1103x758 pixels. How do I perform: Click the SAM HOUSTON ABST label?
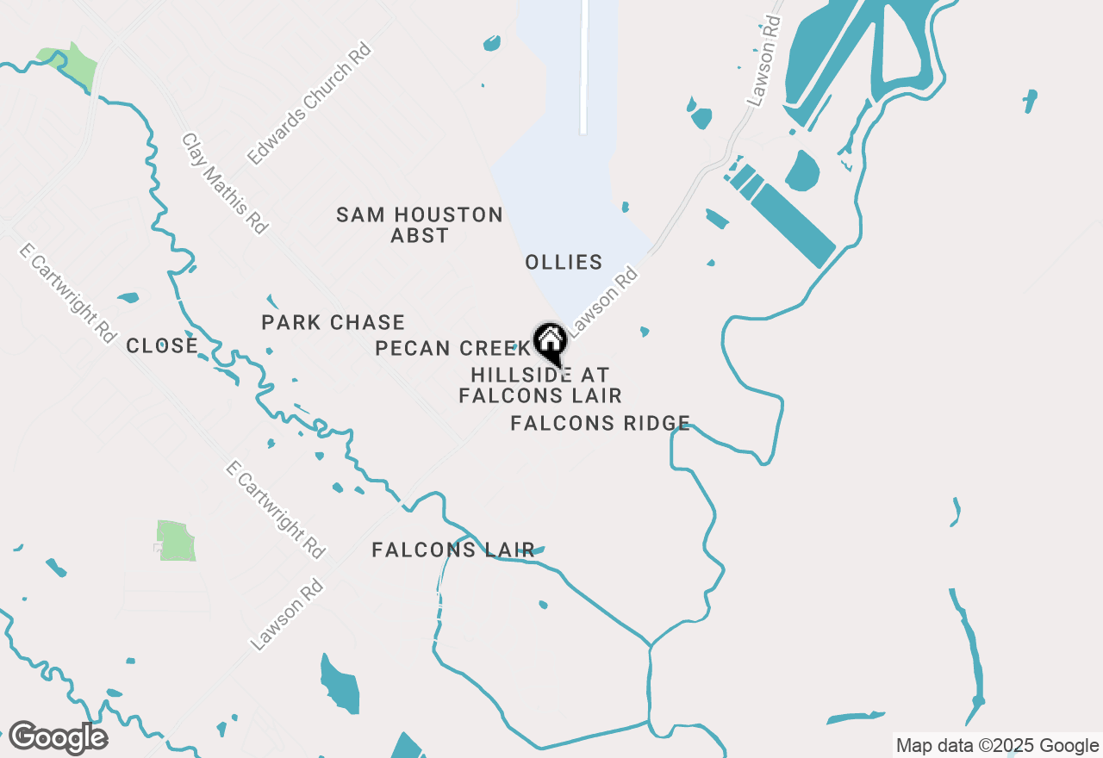420,225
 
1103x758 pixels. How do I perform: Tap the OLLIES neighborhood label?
564,262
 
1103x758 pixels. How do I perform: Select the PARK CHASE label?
333,323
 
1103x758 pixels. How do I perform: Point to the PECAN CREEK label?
449,348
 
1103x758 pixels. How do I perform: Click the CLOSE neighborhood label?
162,346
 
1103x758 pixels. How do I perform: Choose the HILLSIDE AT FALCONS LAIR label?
540,385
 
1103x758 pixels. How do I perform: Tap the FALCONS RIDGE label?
600,423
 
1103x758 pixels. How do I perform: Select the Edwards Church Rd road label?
308,104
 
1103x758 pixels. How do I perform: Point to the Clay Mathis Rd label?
224,183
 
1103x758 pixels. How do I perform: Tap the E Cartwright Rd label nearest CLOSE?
67,293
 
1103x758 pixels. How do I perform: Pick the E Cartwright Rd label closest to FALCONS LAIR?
274,509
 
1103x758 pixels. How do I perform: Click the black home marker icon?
550,342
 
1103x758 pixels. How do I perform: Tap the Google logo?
58,738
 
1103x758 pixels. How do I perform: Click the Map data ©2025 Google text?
997,746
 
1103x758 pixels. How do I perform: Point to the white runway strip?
583,67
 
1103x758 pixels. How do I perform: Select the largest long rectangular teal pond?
793,225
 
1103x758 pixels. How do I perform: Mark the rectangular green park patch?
177,540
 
